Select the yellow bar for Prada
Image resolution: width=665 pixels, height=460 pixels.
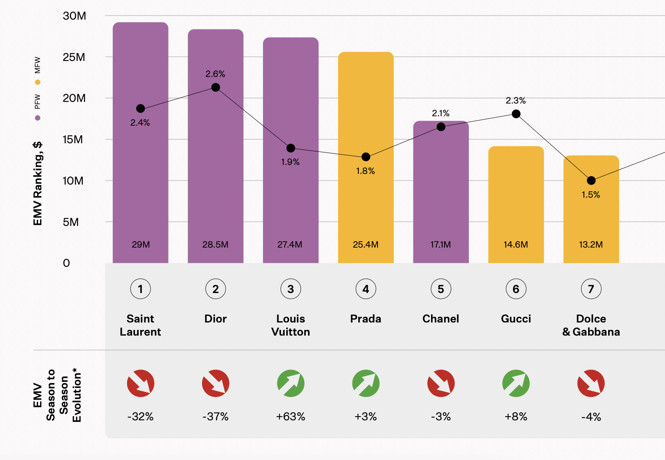pyautogui.click(x=366, y=196)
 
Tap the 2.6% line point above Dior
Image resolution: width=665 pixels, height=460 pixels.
pyautogui.click(x=216, y=87)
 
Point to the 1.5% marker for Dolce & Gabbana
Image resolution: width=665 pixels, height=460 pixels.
pyautogui.click(x=591, y=180)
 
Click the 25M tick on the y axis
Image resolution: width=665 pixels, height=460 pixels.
pyautogui.click(x=74, y=57)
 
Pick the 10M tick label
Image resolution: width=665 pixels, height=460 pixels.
pyautogui.click(x=73, y=181)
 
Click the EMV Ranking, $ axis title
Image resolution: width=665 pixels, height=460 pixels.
pyautogui.click(x=38, y=183)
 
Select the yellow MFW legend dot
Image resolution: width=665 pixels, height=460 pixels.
pyautogui.click(x=38, y=82)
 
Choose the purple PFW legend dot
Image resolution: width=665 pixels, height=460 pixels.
pyautogui.click(x=38, y=118)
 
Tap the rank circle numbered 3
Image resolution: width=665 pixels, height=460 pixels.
pyautogui.click(x=290, y=289)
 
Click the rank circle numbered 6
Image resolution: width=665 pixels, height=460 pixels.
pyautogui.click(x=516, y=289)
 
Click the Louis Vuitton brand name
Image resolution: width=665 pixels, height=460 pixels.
pyautogui.click(x=290, y=325)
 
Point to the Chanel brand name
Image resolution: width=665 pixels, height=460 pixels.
pyautogui.click(x=440, y=319)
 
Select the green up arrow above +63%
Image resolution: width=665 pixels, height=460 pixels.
pyautogui.click(x=290, y=383)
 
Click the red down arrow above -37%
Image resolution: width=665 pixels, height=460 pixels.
pyautogui.click(x=216, y=383)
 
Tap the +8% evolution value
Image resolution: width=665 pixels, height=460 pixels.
pyautogui.click(x=516, y=417)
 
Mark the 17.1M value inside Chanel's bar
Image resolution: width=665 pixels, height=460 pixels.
pyautogui.click(x=440, y=245)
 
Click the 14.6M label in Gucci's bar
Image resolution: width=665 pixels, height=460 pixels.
pyautogui.click(x=516, y=245)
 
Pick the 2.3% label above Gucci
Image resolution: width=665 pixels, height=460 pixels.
pyautogui.click(x=516, y=101)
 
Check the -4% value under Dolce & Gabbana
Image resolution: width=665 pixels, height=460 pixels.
pyautogui.click(x=591, y=417)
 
